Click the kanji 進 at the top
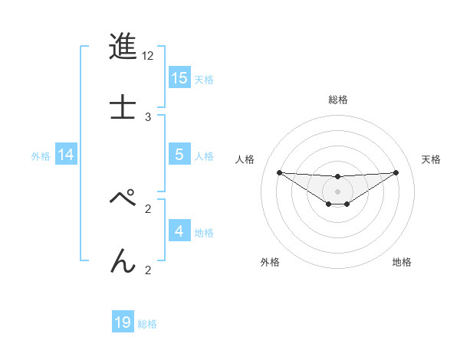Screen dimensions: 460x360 click(x=123, y=47)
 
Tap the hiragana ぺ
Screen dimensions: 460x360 click(x=123, y=198)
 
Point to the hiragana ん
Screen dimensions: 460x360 click(x=123, y=260)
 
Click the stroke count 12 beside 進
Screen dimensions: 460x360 click(x=148, y=56)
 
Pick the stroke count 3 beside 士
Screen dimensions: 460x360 click(x=148, y=116)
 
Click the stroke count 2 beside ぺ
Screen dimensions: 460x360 click(x=148, y=208)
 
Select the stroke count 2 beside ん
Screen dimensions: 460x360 click(x=148, y=269)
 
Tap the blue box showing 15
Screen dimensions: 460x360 click(x=179, y=78)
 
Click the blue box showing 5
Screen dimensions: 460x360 click(x=179, y=155)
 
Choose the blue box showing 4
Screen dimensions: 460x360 click(x=179, y=231)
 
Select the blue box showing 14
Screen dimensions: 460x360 click(x=66, y=155)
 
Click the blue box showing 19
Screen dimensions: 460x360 click(x=123, y=322)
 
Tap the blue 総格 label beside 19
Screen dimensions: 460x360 click(x=147, y=324)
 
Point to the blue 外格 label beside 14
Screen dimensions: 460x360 click(x=41, y=156)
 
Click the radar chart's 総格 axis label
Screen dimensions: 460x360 click(x=337, y=100)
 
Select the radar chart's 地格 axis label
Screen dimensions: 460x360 click(x=402, y=262)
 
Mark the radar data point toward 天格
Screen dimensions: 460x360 click(x=396, y=172)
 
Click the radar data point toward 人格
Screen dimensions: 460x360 click(x=279, y=172)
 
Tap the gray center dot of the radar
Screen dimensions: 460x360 click(x=337, y=191)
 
